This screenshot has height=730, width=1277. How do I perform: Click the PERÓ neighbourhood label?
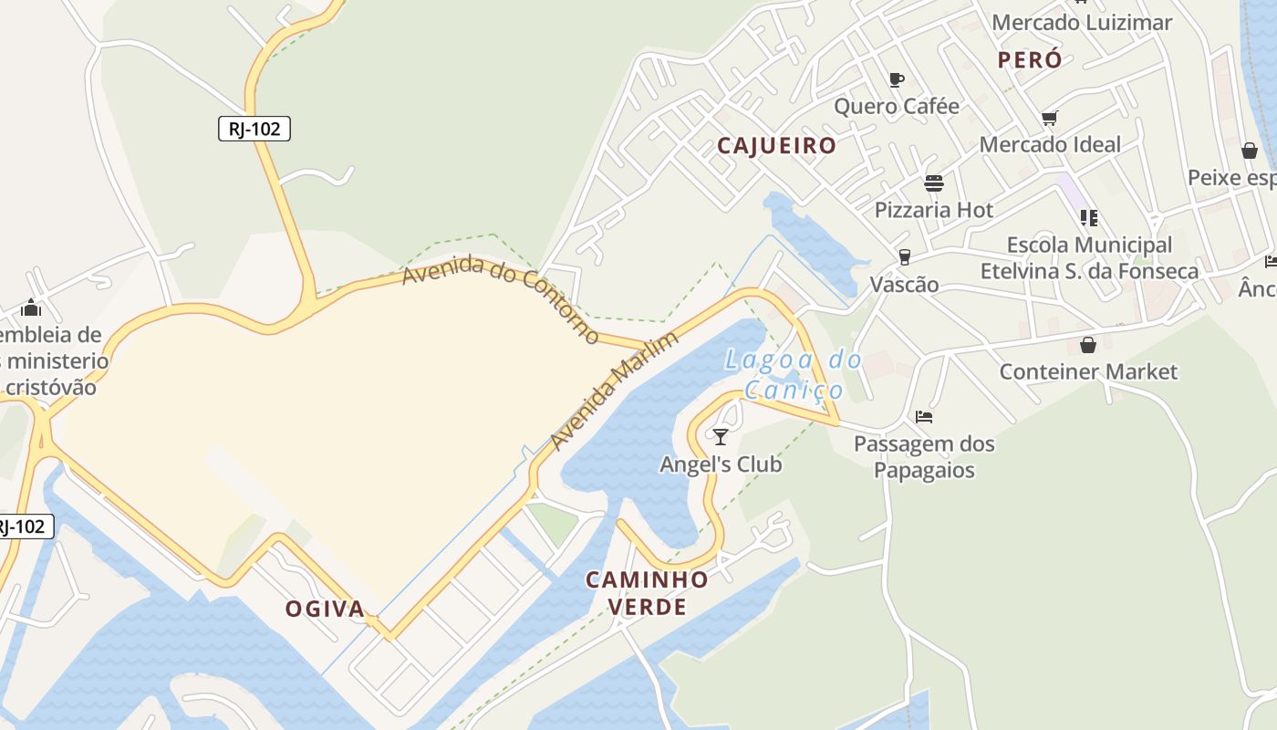(1030, 60)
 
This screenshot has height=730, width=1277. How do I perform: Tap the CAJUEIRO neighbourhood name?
(776, 146)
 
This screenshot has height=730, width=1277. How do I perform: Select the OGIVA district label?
(325, 609)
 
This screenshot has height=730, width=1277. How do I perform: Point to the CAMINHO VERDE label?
(647, 592)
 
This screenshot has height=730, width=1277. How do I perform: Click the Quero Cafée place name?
(897, 107)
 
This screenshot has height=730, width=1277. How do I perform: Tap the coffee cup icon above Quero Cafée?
(897, 79)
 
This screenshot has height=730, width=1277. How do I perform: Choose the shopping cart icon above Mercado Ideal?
(1049, 118)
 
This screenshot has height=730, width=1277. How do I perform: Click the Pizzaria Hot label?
(933, 210)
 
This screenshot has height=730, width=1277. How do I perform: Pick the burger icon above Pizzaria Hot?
(933, 183)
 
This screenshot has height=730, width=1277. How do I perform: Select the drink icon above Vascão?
(904, 257)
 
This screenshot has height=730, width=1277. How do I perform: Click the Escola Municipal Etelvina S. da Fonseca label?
(1089, 258)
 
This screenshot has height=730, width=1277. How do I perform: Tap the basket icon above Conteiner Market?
(1087, 345)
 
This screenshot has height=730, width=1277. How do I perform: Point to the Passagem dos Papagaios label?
(924, 457)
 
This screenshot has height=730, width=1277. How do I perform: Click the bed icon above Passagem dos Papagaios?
(924, 417)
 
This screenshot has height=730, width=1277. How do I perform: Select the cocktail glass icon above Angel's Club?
(721, 437)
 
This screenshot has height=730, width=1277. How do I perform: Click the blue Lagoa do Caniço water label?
(794, 375)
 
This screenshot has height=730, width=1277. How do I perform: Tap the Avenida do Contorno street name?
(501, 298)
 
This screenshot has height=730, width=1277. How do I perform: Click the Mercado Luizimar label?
(1081, 23)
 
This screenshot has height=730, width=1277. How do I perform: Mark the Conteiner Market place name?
(1088, 372)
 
